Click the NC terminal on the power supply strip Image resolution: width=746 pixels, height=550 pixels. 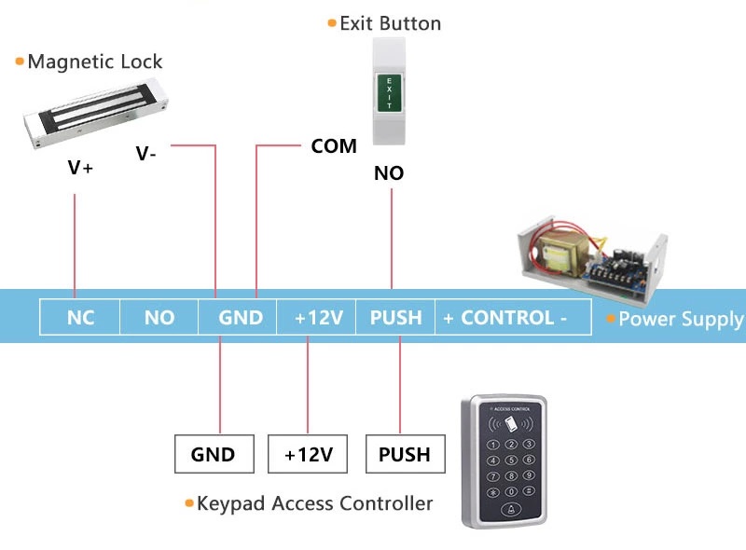coord(80,318)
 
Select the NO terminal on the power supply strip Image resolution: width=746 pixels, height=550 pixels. coord(159,318)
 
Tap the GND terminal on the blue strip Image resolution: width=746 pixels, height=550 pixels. coord(241,318)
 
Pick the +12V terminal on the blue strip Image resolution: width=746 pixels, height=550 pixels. coord(319,318)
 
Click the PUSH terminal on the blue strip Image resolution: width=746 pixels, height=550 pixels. coord(396,318)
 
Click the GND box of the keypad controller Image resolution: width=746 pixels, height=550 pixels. coord(213,455)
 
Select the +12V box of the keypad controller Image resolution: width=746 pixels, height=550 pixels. coord(309,455)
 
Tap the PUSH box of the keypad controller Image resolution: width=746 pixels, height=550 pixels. coord(405,455)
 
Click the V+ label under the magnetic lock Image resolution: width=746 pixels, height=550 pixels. coord(81,169)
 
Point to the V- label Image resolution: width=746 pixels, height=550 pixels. coord(146,154)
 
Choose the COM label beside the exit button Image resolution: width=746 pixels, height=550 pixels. coord(334,146)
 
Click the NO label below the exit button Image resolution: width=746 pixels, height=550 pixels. coord(389,173)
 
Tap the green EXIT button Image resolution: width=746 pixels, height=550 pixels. coord(389,94)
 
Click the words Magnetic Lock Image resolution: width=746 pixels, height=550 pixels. coord(95,62)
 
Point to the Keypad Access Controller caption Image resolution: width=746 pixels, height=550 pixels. coord(314,504)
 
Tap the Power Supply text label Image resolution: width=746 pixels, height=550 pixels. coord(681,320)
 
